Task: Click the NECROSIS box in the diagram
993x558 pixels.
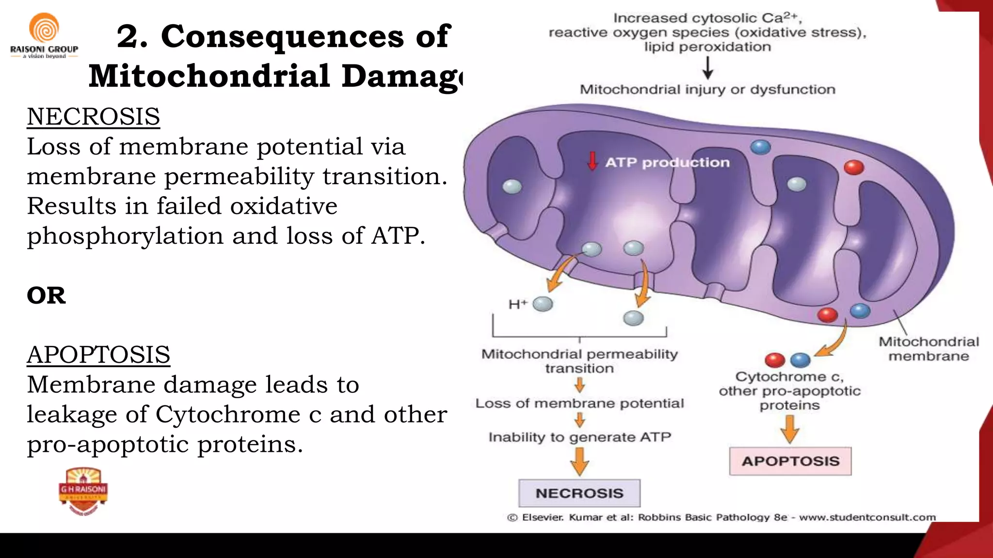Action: coord(579,493)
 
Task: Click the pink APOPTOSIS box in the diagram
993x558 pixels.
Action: coord(790,461)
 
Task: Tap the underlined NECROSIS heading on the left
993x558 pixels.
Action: coord(93,117)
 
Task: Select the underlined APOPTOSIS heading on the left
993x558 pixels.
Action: coord(98,355)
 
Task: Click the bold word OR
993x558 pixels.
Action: coord(46,295)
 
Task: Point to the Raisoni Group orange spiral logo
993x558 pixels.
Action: coord(44,28)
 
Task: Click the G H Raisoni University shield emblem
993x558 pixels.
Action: coord(83,491)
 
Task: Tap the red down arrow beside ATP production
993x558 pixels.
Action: coord(592,161)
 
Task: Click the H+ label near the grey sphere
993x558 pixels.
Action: coord(517,304)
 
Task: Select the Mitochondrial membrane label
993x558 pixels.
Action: coord(929,349)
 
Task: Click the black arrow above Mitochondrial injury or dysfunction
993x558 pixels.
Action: coord(707,68)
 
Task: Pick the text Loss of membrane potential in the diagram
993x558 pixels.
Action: coord(579,403)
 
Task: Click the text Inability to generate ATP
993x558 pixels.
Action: coord(579,437)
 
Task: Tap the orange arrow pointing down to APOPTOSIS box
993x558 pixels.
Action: coord(790,429)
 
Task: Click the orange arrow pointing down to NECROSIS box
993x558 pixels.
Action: coord(579,462)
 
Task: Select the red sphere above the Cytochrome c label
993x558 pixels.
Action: coord(774,360)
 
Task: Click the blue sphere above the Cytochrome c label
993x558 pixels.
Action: coord(801,360)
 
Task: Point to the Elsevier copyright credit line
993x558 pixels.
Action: coord(721,517)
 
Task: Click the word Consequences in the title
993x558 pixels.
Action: coord(282,36)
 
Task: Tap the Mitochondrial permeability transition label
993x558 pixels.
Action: coord(579,361)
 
